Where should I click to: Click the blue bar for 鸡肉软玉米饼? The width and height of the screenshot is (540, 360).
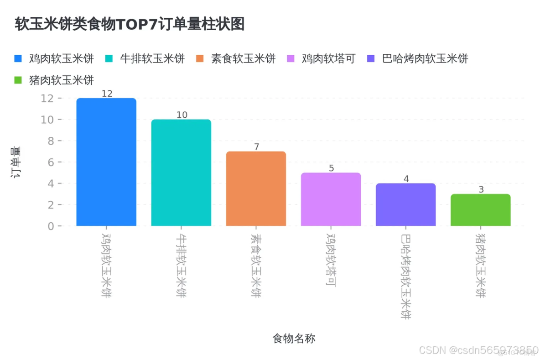point(106,162)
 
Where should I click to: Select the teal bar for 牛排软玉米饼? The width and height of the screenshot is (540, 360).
point(181,172)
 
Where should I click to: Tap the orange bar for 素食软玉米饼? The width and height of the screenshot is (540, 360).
point(256,188)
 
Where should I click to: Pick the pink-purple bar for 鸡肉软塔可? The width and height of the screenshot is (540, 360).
point(331,199)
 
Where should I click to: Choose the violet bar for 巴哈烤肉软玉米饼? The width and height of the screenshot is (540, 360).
point(405,204)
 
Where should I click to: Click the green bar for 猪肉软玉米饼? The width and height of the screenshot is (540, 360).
point(480,210)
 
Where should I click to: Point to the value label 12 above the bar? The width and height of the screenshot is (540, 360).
point(107,94)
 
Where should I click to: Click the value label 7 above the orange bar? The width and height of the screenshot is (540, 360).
point(256,147)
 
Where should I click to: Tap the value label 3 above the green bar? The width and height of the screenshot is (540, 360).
point(481,189)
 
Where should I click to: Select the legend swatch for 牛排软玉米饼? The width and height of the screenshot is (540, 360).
point(109,58)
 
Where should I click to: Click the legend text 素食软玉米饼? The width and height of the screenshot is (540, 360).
point(243,58)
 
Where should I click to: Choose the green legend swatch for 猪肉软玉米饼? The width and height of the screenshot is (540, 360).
point(18,80)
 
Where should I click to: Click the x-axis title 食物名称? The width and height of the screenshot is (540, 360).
point(294,338)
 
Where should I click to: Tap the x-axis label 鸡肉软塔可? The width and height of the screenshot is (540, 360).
point(331,261)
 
